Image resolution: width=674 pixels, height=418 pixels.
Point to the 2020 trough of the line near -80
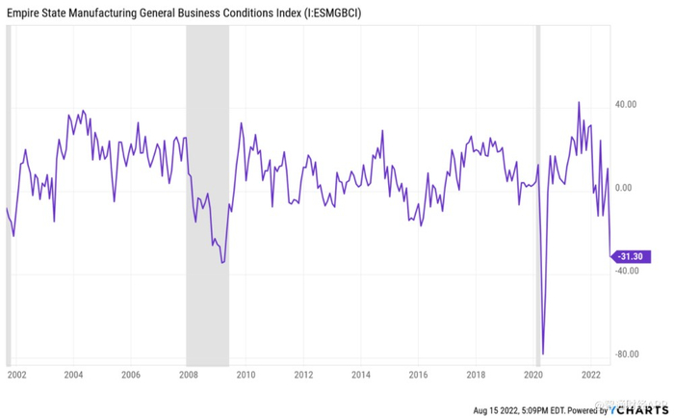[x=543, y=353]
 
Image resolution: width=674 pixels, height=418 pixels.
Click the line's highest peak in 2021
[x=579, y=102]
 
